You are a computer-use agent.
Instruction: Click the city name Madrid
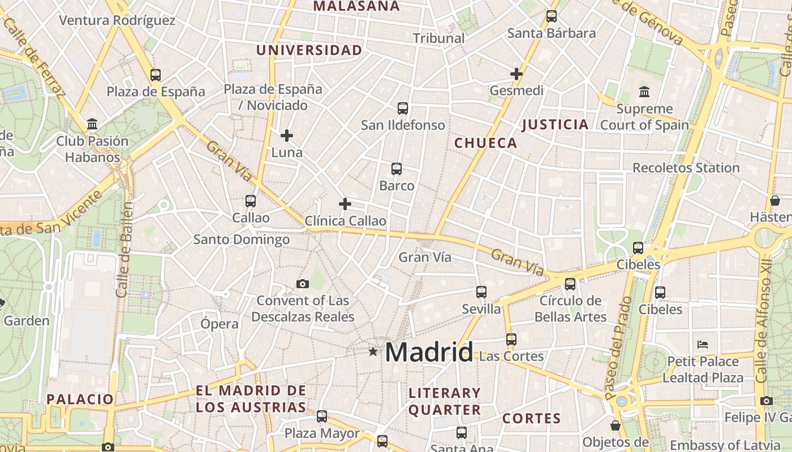point(429,353)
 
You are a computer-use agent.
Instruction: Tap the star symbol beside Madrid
point(373,352)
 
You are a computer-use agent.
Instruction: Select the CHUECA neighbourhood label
point(486,143)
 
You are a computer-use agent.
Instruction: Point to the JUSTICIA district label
point(555,124)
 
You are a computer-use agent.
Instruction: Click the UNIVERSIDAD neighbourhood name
point(309,50)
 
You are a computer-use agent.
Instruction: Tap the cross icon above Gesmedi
point(516,73)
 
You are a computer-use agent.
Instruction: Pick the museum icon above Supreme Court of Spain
point(644,92)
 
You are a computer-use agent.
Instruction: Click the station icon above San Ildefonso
point(403,108)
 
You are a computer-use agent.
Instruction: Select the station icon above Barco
point(397,168)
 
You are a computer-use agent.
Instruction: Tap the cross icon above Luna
point(287,136)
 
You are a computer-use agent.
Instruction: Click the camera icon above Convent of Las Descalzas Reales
point(303,284)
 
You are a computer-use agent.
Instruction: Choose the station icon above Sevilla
point(481,292)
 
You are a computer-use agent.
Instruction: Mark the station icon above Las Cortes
point(511,339)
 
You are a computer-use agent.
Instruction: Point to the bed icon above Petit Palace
point(703,344)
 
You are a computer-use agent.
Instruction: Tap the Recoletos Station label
point(686,168)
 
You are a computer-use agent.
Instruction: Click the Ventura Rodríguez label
point(117,20)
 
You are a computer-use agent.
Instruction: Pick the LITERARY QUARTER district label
point(445,401)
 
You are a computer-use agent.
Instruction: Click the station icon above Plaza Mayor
point(322,416)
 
